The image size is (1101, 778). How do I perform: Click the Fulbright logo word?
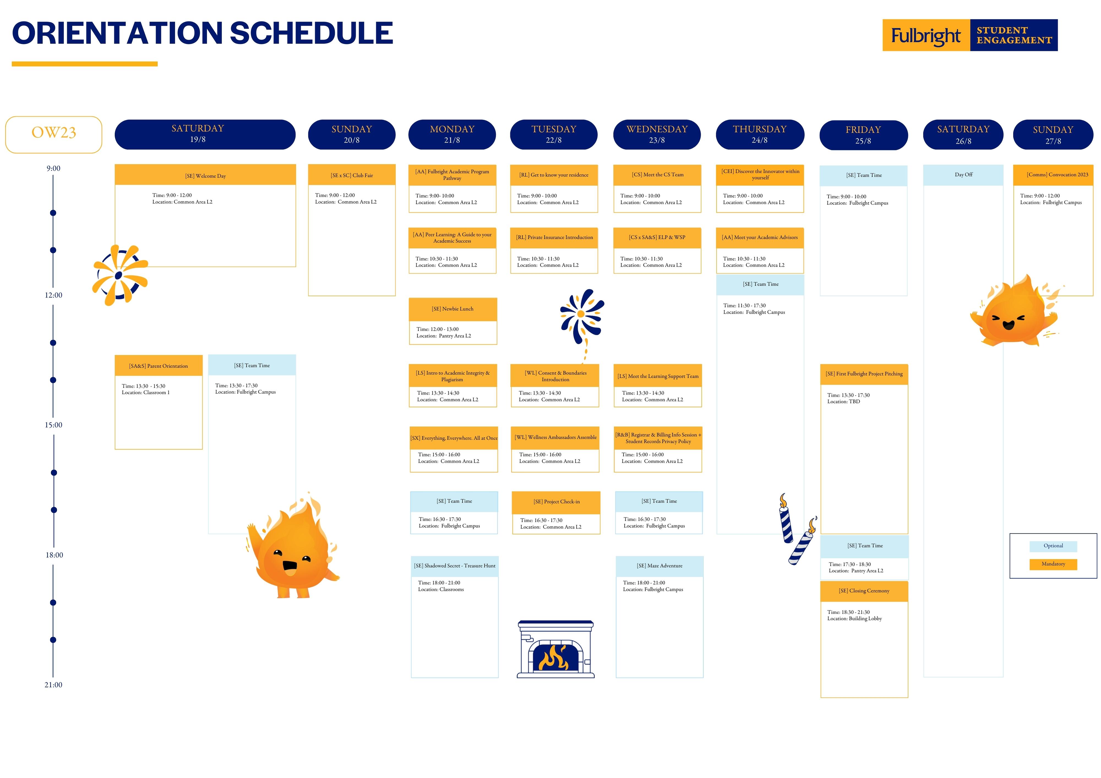point(926,36)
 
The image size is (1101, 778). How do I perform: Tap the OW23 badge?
point(54,135)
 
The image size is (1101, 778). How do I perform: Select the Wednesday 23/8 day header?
point(657,135)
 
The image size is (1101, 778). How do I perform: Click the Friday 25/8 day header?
point(864,135)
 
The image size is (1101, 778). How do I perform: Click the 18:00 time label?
point(54,555)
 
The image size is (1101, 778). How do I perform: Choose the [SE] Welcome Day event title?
point(205,176)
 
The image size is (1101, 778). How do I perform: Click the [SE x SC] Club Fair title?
point(352,176)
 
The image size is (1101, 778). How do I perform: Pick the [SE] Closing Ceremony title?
point(864,591)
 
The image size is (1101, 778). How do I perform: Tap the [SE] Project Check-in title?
point(556,502)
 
